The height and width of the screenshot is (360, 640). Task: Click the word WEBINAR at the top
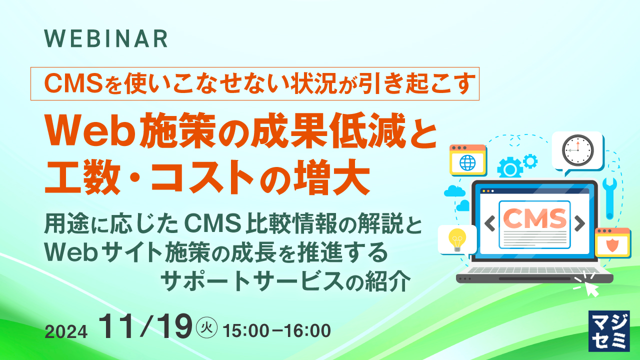point(106,39)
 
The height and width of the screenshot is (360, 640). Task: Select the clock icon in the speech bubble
point(577,149)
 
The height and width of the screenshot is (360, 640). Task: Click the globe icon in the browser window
point(467,162)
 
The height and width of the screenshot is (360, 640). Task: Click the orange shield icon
point(612,245)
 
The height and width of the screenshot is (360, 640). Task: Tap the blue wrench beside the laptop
point(609,197)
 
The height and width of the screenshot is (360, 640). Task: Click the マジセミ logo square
point(609,330)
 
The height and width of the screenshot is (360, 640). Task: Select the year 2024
point(66,331)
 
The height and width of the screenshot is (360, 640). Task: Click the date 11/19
point(145,327)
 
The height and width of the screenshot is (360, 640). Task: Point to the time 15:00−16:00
point(277,330)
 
